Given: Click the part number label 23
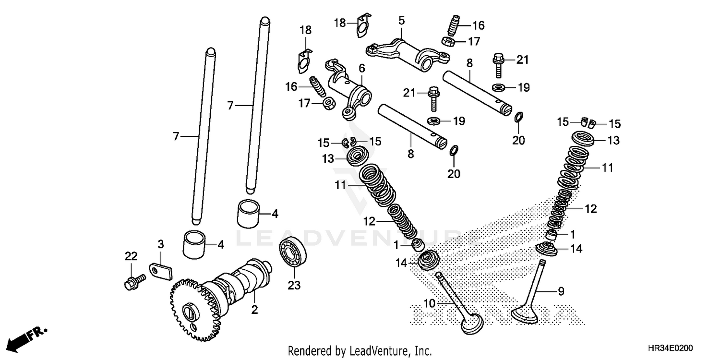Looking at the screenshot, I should pos(294,286).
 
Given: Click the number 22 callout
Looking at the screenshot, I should pos(131,256).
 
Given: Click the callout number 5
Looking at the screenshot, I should pos(401,21).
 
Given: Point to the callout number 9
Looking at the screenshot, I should pos(561,291).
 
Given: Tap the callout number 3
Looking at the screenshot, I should pos(161,244).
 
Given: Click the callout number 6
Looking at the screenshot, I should pos(361,68).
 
